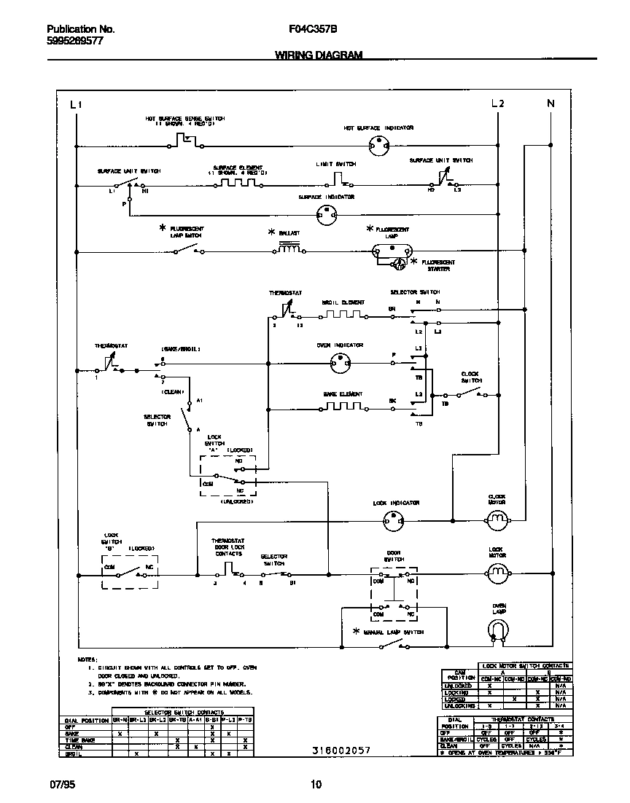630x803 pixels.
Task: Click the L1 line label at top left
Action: (x=77, y=104)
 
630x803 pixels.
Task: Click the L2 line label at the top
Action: (x=497, y=103)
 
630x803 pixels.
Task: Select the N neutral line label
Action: (x=551, y=103)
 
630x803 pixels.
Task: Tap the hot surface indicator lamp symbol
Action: (x=377, y=145)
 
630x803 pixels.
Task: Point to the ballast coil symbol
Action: (x=289, y=250)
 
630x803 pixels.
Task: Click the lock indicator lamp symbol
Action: (x=393, y=519)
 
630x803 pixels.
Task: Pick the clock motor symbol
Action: (x=497, y=518)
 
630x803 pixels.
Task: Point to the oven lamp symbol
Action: (x=498, y=630)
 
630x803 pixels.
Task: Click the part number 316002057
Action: (x=336, y=750)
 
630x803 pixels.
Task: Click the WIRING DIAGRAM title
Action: (x=318, y=55)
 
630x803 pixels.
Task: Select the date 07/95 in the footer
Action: (x=61, y=785)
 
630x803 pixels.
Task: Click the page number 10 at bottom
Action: (x=315, y=785)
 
